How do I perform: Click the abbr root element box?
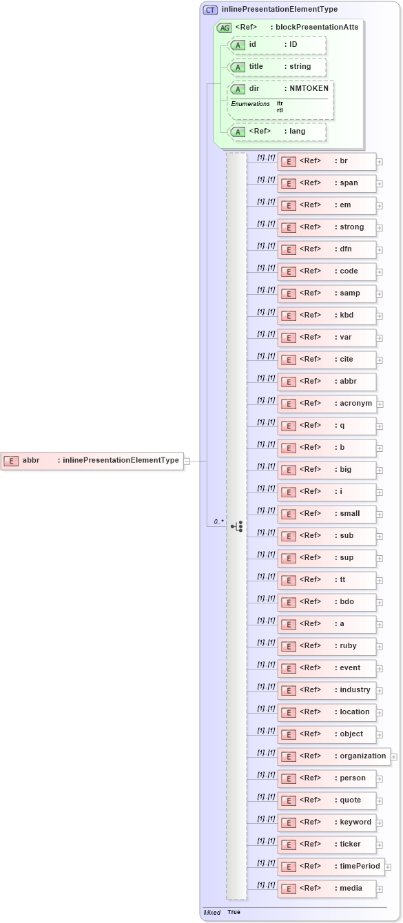pyautogui.click(x=92, y=461)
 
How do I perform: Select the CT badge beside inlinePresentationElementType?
pyautogui.click(x=210, y=10)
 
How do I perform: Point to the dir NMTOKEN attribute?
pyautogui.click(x=282, y=89)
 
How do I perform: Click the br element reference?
pyautogui.click(x=327, y=161)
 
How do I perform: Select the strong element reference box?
pyautogui.click(x=327, y=227)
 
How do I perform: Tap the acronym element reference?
pyautogui.click(x=327, y=404)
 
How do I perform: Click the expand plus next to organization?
pyautogui.click(x=394, y=756)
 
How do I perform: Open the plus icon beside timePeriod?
pyautogui.click(x=388, y=867)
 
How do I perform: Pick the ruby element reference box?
pyautogui.click(x=327, y=646)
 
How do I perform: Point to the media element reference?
pyautogui.click(x=327, y=889)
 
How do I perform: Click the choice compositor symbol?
pyautogui.click(x=237, y=527)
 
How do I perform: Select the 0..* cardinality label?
pyautogui.click(x=218, y=522)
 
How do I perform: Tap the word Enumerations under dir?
pyautogui.click(x=250, y=104)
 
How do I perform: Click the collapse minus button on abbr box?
pyautogui.click(x=187, y=461)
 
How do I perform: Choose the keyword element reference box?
pyautogui.click(x=327, y=822)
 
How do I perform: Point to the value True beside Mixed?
pyautogui.click(x=234, y=912)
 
